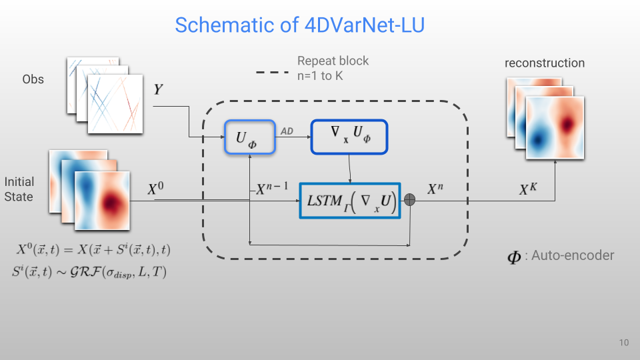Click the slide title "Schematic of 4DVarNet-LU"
coord(299,25)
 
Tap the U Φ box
coord(249,137)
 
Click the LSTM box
coord(351,201)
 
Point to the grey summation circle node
coord(410,200)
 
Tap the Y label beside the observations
coord(159,89)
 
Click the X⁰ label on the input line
coord(157,189)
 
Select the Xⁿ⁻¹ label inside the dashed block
coord(272,189)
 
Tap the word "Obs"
coord(33,79)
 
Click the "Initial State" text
coord(19,189)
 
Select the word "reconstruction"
coord(544,63)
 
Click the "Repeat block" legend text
coord(333,61)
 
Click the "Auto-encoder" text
coord(572,255)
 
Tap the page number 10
coord(623,343)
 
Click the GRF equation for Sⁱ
coord(88,272)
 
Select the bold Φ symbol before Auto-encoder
coord(514,257)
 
